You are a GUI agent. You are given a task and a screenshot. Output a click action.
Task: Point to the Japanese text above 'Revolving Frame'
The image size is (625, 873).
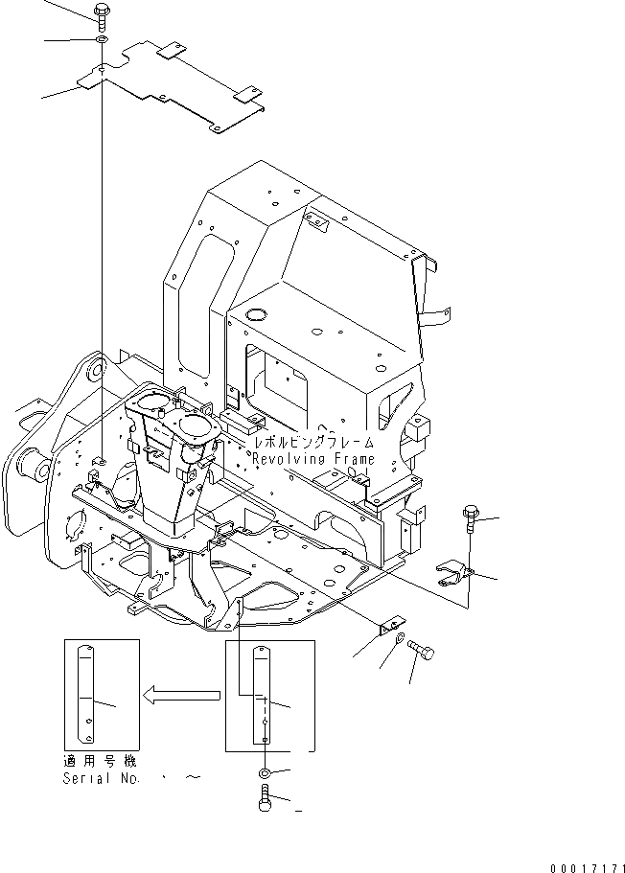point(312,444)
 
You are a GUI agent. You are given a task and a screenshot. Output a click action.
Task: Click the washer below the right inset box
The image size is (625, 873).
point(265,773)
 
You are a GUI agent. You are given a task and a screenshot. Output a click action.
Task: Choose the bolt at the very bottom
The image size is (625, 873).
point(266,800)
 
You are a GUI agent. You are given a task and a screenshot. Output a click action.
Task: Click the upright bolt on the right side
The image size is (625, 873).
point(468,517)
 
